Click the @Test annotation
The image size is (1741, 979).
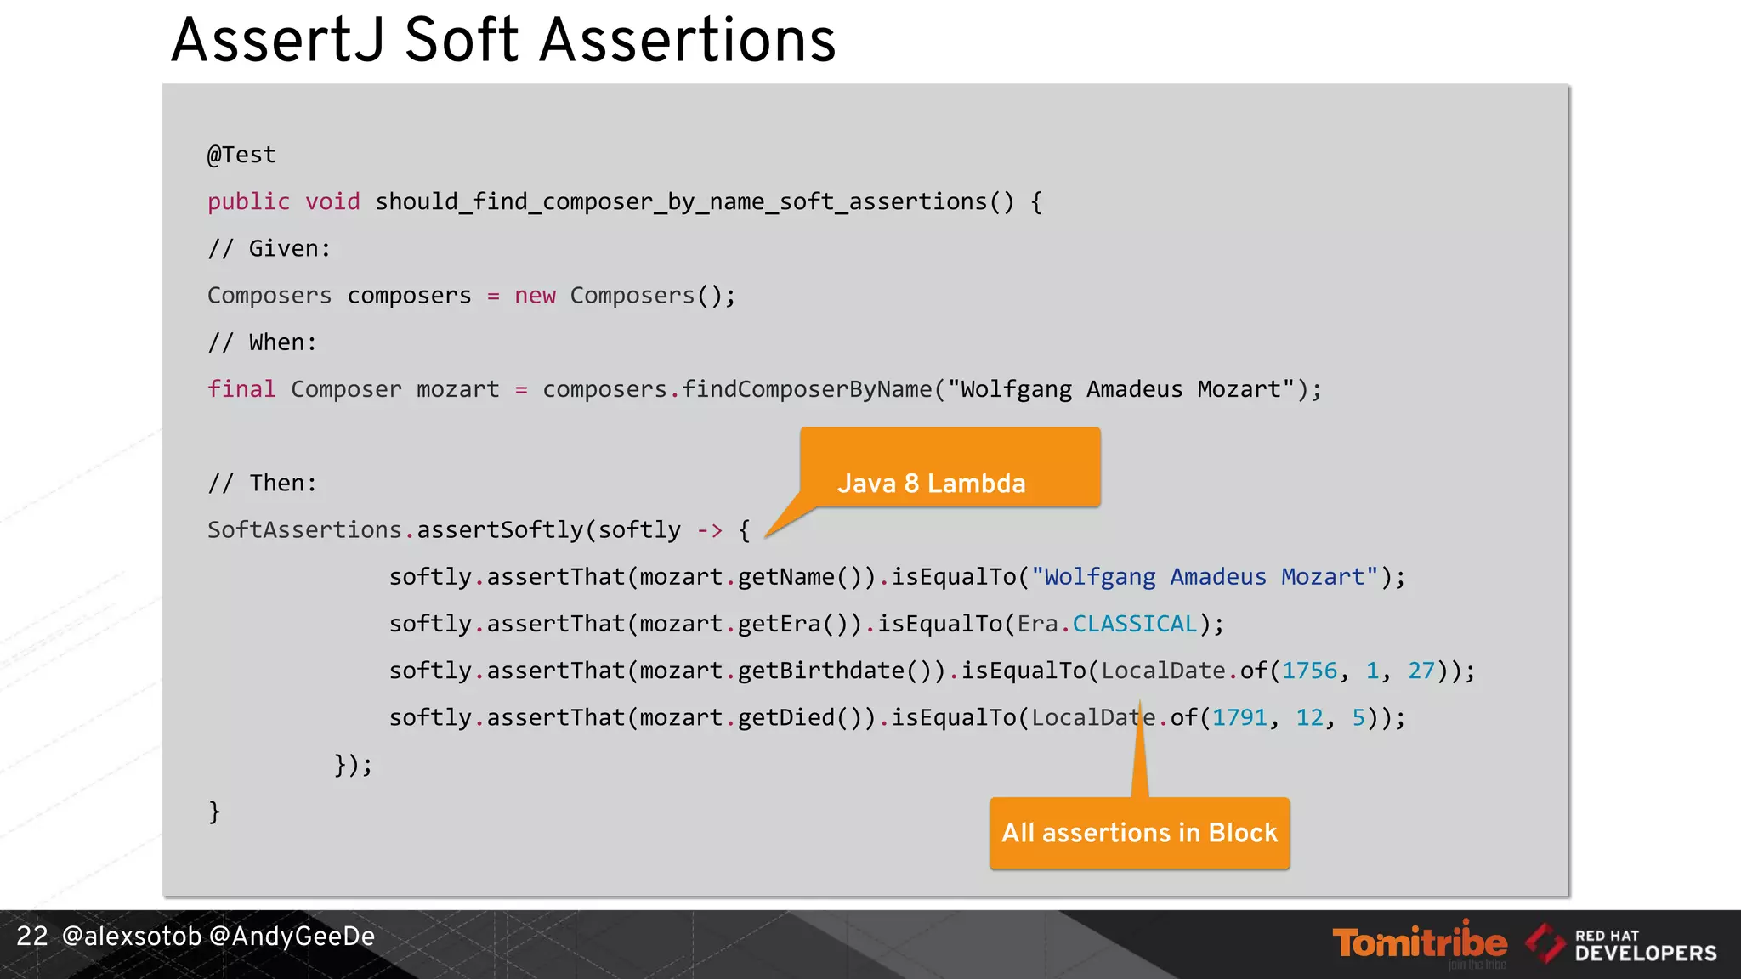click(241, 155)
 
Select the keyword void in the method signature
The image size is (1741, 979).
click(332, 201)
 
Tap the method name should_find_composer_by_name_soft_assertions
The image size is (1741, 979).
click(680, 201)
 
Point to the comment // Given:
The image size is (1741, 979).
click(269, 248)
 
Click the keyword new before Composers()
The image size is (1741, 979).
click(535, 296)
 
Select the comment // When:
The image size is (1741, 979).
click(262, 342)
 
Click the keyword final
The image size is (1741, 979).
click(241, 389)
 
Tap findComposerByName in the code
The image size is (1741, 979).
click(806, 389)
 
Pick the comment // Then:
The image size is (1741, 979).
click(262, 483)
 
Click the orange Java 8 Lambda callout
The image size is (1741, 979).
click(950, 468)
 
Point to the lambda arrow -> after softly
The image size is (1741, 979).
click(710, 530)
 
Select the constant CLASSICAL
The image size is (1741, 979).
click(1134, 624)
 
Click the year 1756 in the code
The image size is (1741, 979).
click(1309, 671)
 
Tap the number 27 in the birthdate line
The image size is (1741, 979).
click(1421, 671)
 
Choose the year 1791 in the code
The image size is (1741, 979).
click(1239, 717)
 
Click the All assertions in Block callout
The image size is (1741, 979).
click(1139, 833)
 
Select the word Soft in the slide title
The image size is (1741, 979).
click(461, 40)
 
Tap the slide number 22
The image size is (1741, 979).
click(32, 936)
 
